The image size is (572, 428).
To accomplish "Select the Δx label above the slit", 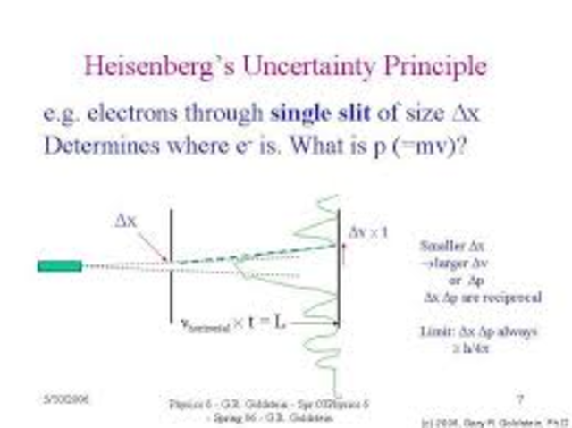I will (x=125, y=221).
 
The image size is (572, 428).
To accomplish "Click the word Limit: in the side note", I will (x=438, y=331).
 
